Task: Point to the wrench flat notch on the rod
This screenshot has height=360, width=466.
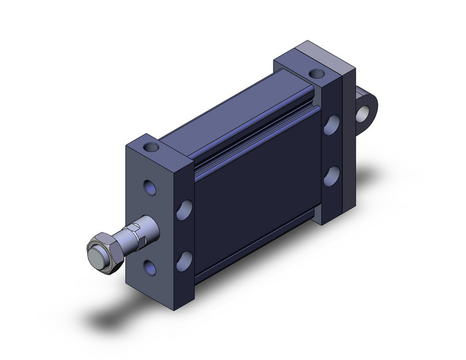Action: pos(136,236)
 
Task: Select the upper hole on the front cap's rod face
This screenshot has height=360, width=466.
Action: pos(150,187)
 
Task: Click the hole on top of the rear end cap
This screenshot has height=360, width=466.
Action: pos(316,74)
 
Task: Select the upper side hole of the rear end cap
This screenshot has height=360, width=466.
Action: pos(331,126)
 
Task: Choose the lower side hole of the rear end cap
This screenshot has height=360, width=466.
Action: pos(331,175)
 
